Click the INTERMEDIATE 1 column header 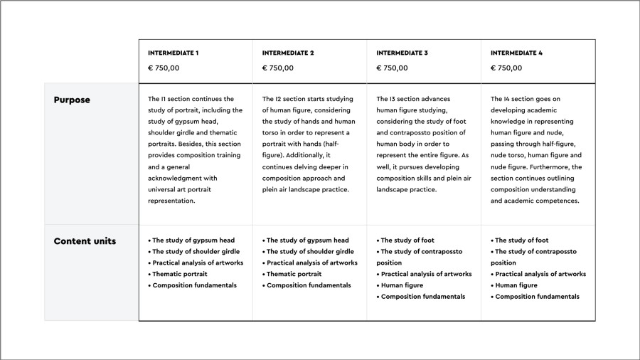[x=173, y=53]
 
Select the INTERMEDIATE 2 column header [x=287, y=53]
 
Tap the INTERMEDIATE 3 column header [x=402, y=53]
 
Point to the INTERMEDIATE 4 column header [x=516, y=53]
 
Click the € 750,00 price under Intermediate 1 [x=164, y=68]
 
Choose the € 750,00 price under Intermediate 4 [x=506, y=68]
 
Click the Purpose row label [x=72, y=100]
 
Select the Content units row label [x=85, y=241]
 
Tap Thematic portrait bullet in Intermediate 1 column [x=179, y=274]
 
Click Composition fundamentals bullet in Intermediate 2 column [x=308, y=285]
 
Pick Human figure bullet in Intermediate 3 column [x=402, y=285]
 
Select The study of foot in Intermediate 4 [x=523, y=240]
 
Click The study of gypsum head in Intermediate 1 [x=193, y=240]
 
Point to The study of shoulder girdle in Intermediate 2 [x=309, y=252]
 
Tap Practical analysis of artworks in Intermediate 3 [x=426, y=274]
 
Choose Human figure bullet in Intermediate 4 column [x=516, y=285]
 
